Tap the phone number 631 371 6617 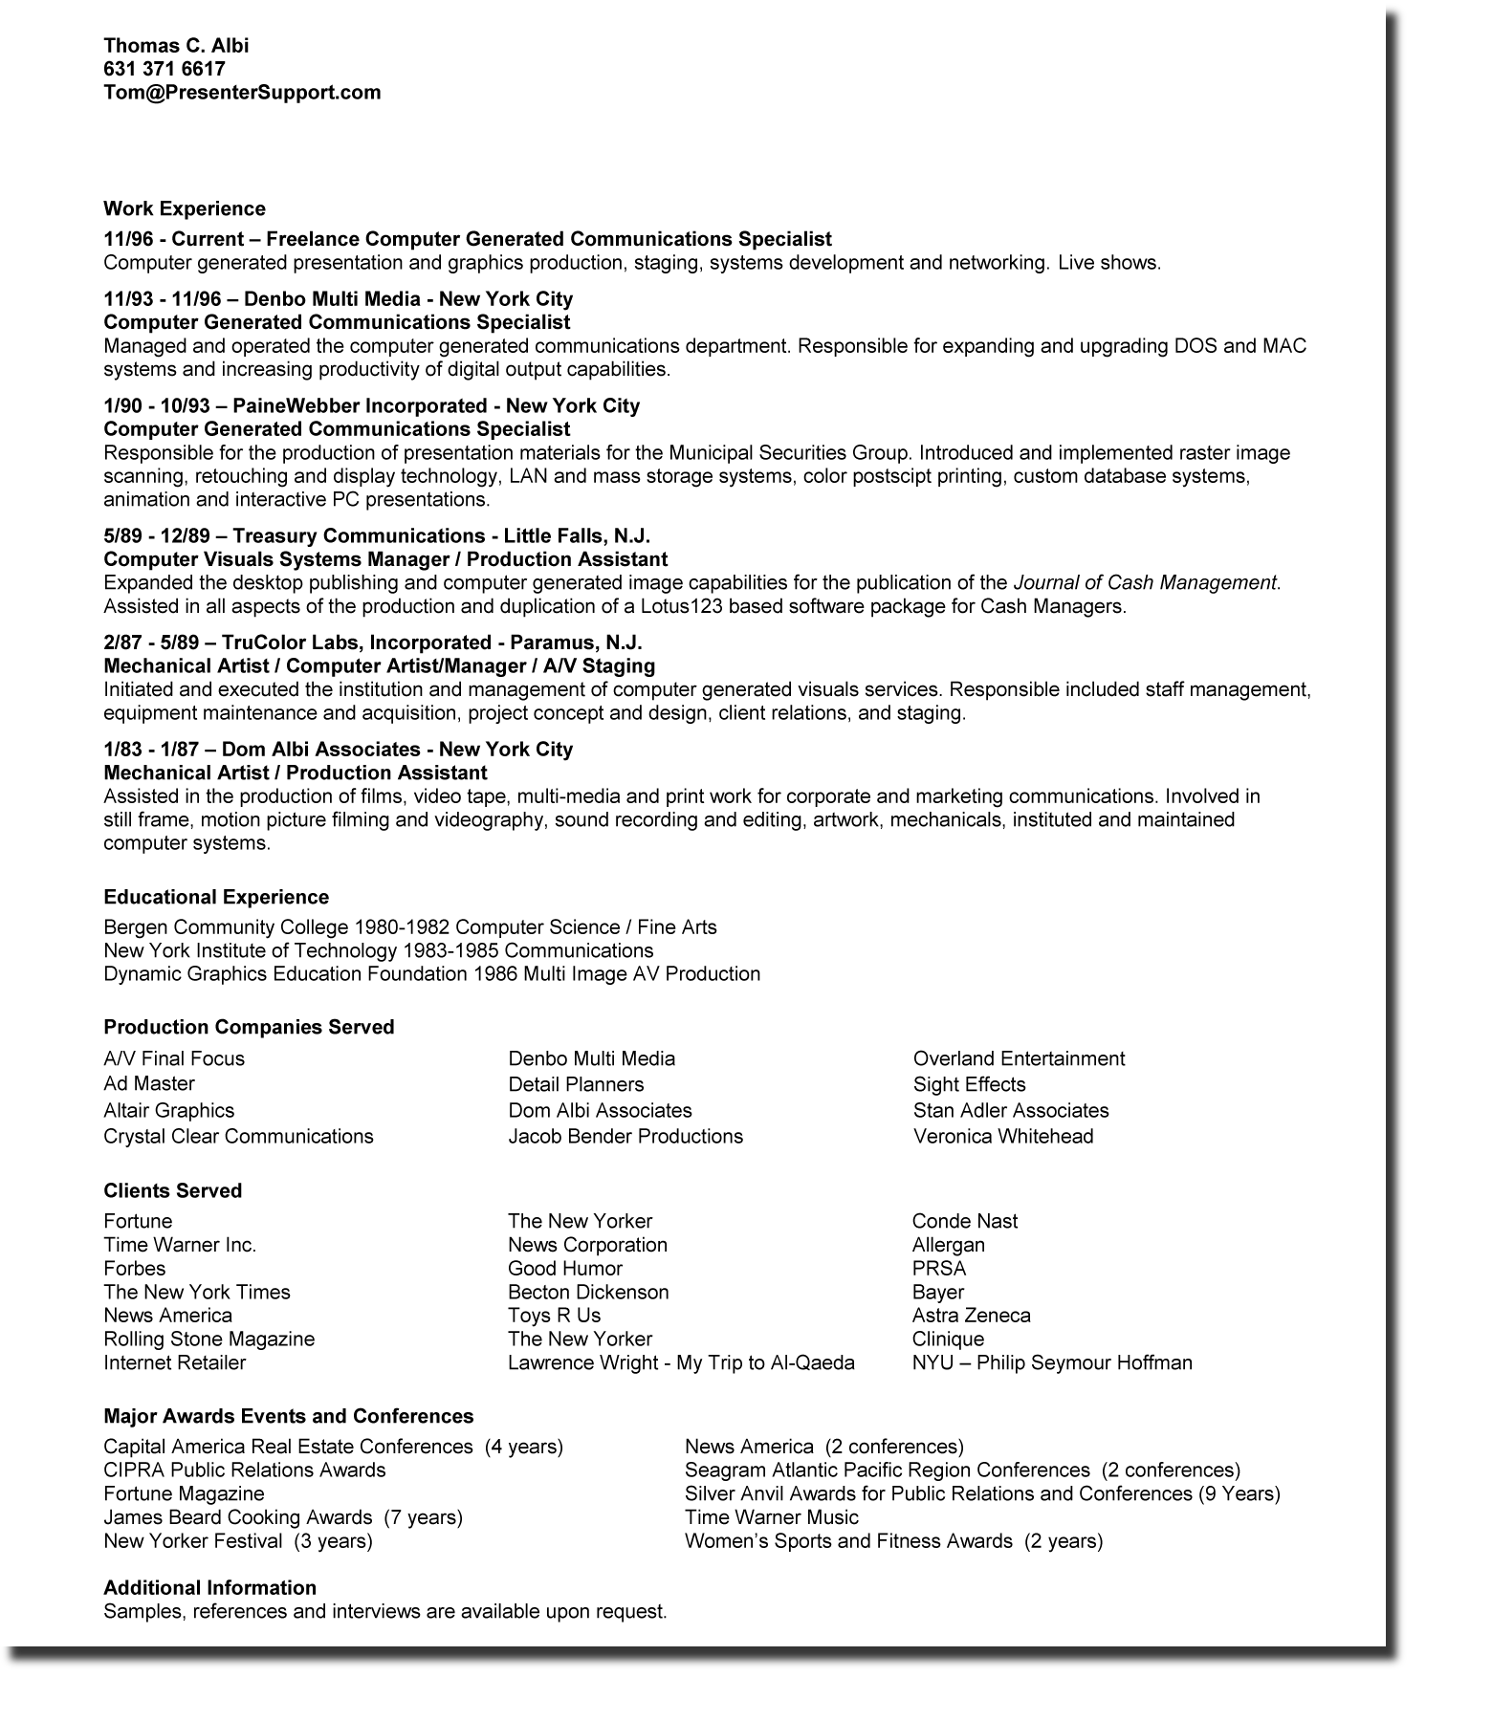coord(165,69)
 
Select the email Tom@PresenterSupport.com coord(242,93)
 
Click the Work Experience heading coord(185,208)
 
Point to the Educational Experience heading coord(216,897)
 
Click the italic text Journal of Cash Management coord(1146,583)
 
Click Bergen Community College coord(227,927)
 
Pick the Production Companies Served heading coord(249,1027)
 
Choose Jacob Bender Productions coord(625,1136)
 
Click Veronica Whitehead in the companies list coord(1003,1136)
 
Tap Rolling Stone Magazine coord(208,1339)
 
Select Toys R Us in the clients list coord(555,1316)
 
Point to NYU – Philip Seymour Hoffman coord(1052,1362)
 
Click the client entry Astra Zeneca coord(971,1316)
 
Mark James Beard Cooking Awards coord(237,1517)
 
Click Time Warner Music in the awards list coord(772,1517)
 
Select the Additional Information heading coord(209,1588)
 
